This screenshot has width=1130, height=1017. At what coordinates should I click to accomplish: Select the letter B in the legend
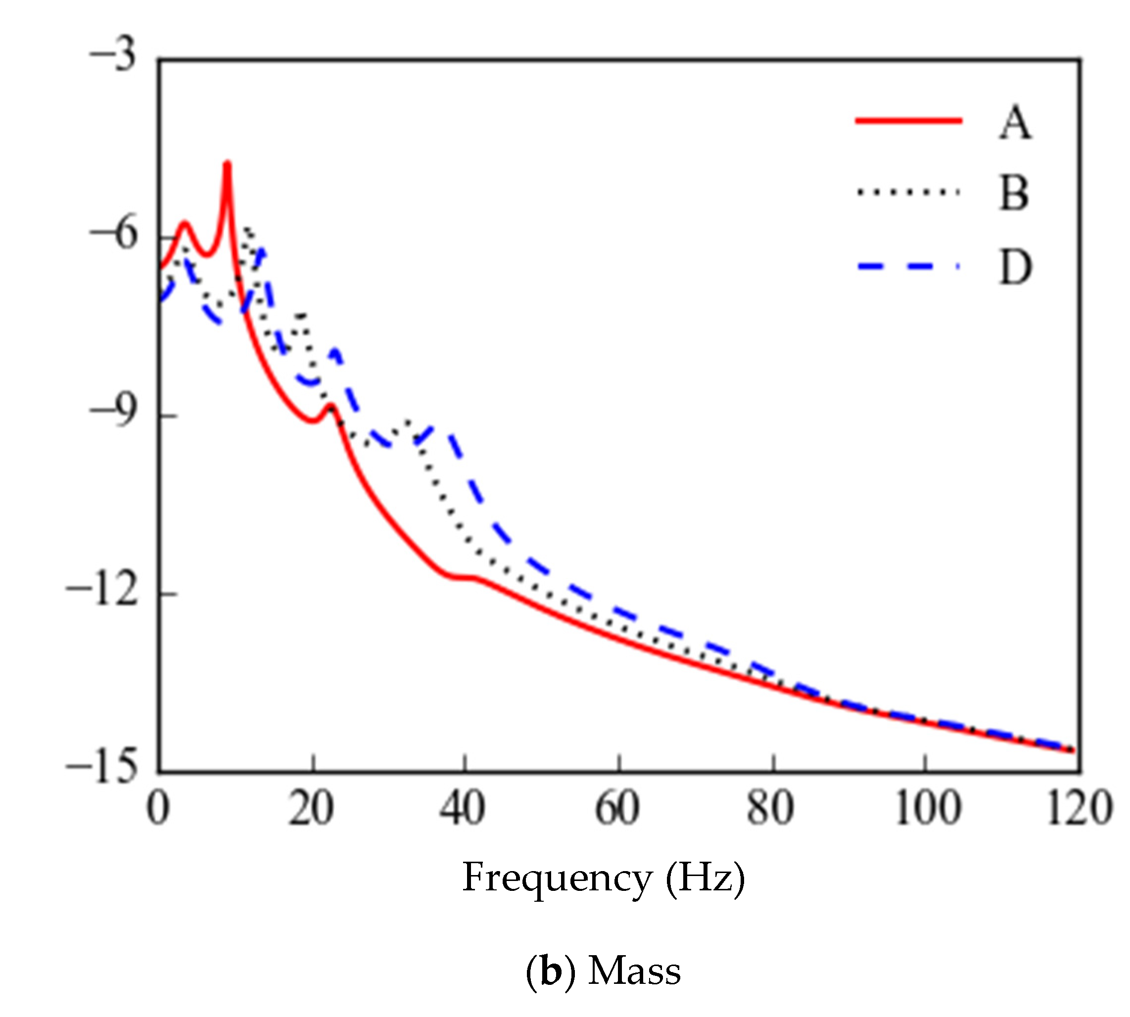click(x=1013, y=194)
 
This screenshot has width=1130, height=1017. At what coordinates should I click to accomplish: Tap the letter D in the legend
click(x=1015, y=268)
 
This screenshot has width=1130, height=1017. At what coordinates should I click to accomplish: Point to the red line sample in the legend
click(x=908, y=121)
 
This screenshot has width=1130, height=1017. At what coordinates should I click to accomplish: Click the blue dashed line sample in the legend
click(x=908, y=267)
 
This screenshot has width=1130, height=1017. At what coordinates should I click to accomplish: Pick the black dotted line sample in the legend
click(x=908, y=192)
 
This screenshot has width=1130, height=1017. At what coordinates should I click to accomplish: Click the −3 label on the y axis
click(x=113, y=56)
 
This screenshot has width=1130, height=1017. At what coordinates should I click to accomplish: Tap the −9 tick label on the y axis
click(x=113, y=413)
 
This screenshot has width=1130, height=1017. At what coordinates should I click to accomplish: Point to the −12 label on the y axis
click(x=102, y=592)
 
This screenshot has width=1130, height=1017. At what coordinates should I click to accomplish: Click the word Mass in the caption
click(x=634, y=971)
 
